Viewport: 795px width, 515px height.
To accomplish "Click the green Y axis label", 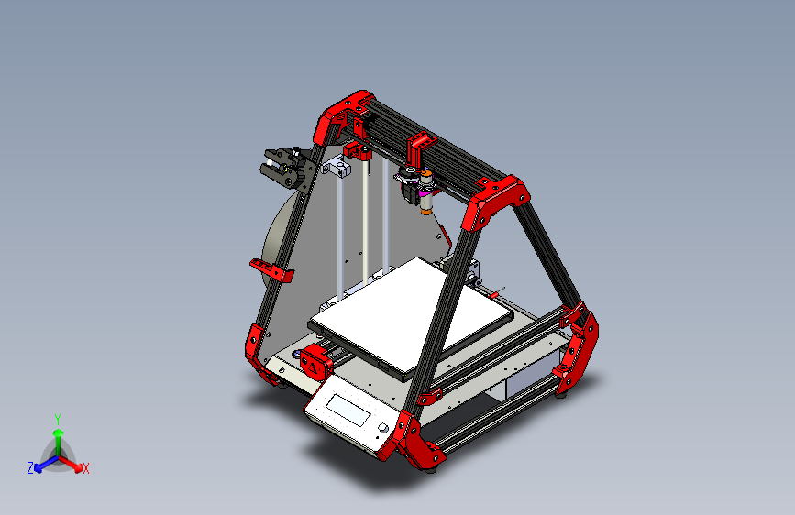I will (x=58, y=418).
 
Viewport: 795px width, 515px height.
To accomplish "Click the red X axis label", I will (x=86, y=469).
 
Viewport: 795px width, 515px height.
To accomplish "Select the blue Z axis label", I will (x=30, y=468).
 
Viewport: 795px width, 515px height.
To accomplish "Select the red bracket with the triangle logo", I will (x=315, y=363).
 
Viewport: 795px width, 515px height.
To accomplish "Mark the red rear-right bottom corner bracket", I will (x=578, y=348).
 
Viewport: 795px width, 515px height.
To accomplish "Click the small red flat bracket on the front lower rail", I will (x=426, y=398).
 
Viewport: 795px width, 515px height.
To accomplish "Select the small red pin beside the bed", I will (x=496, y=293).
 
